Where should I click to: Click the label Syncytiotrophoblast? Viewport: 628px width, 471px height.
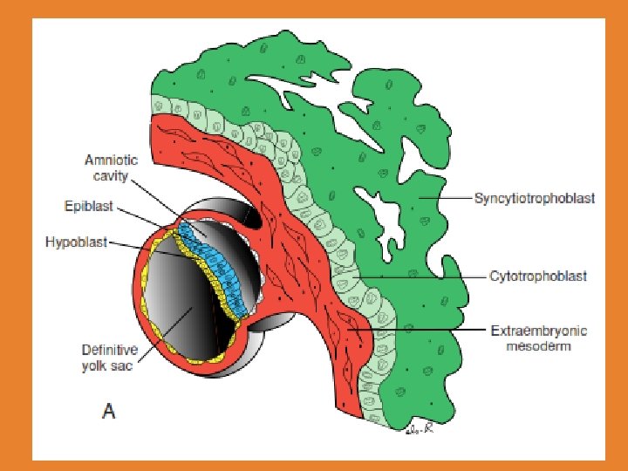534,199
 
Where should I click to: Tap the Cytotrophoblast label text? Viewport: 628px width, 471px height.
537,276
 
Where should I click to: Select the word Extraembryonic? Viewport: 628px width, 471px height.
538,331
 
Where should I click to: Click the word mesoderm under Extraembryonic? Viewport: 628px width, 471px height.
539,345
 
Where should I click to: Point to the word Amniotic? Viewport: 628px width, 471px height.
112,161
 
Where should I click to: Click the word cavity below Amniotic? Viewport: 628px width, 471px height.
111,175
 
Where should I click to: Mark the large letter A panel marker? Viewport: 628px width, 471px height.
107,410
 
